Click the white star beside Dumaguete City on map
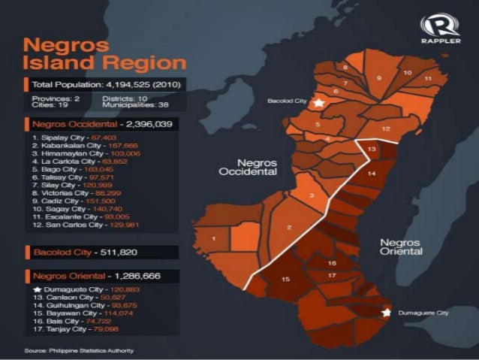coord(387,311)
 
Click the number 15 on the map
coord(286,280)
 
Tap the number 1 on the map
coord(215,239)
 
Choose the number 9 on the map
coord(379,77)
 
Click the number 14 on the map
coord(371,174)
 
